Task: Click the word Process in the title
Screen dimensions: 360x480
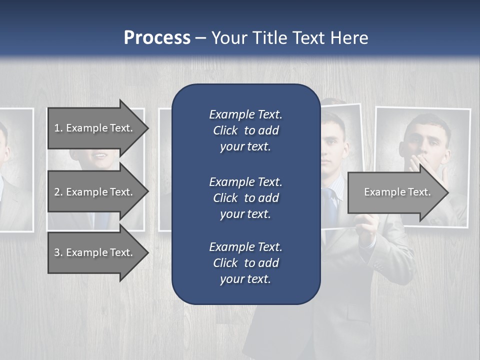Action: click(157, 37)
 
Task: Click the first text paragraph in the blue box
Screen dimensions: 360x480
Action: click(245, 130)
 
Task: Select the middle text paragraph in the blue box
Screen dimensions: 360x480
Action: click(245, 198)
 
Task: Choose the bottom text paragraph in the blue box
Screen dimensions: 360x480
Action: click(245, 263)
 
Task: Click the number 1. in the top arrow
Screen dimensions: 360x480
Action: click(58, 128)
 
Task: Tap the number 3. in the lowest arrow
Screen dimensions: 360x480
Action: click(58, 252)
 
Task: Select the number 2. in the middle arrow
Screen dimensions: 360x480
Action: click(58, 192)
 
